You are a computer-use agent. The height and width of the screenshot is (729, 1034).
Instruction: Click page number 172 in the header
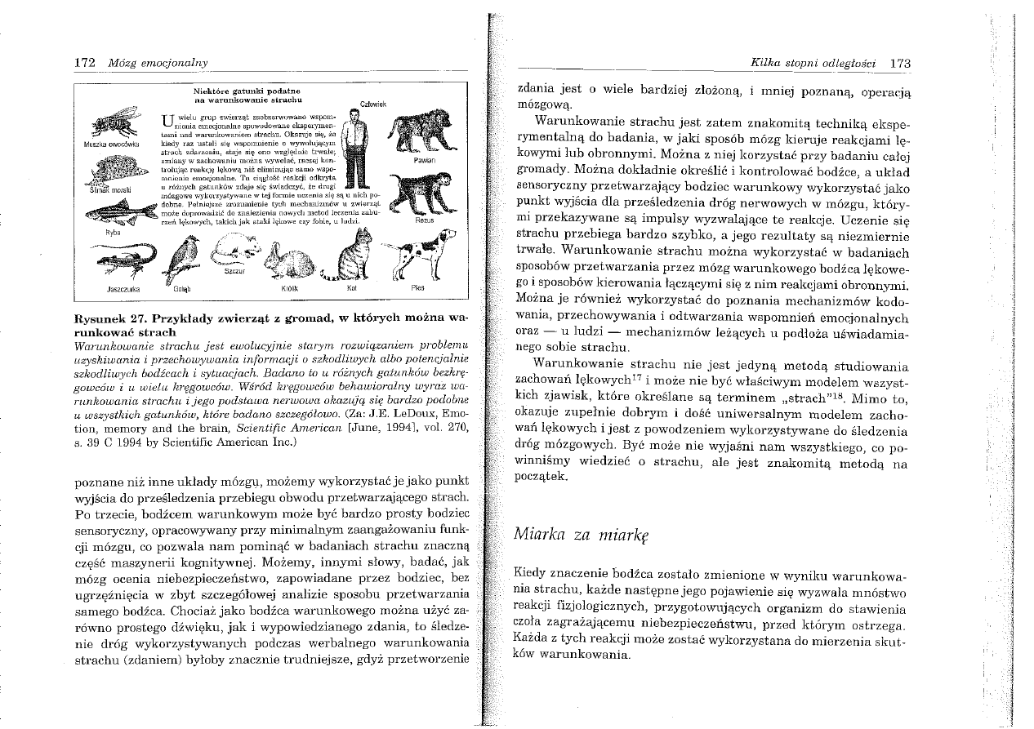(84, 63)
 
